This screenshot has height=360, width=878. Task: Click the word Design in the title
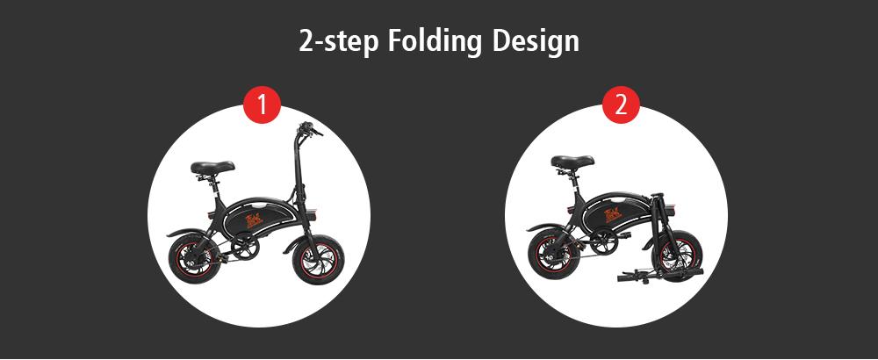536,42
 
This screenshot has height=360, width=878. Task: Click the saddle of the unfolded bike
212,167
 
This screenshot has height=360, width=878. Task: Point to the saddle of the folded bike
572,162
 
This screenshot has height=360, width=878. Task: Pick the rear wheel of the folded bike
551,254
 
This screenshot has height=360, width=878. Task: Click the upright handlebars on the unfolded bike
307,129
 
